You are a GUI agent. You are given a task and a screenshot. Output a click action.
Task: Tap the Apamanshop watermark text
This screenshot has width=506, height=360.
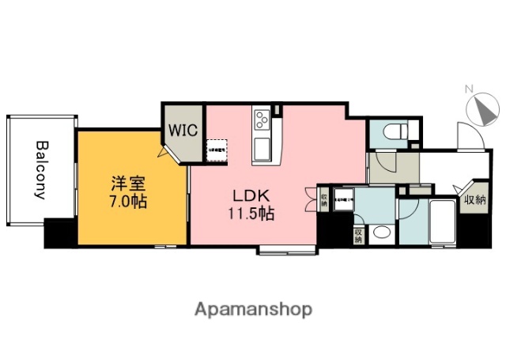252,309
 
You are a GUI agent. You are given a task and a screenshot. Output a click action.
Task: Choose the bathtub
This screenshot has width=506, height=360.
440,225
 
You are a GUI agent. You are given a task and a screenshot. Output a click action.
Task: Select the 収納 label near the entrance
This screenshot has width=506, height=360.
475,199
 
